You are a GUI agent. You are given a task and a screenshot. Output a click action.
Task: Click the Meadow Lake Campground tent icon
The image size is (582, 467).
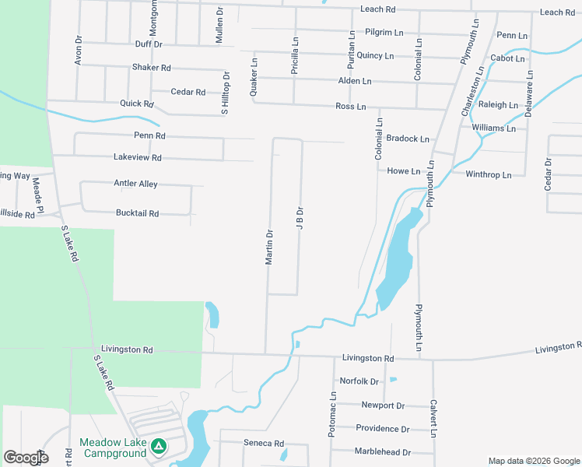pos(159,447)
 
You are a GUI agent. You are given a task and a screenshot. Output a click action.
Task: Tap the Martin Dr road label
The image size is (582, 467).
pos(269,247)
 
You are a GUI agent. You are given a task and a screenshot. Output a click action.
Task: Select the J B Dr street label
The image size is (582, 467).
pos(299,218)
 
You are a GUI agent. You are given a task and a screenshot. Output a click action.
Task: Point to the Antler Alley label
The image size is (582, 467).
pos(136,184)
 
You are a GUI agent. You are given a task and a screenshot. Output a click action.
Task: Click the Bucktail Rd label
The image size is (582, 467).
pos(137,212)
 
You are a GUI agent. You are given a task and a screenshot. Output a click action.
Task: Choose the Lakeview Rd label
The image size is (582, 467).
pos(137,157)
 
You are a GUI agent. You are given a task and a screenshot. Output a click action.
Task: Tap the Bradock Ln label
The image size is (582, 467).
pos(408,139)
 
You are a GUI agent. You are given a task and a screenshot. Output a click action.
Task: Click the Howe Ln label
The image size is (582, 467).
pos(403,171)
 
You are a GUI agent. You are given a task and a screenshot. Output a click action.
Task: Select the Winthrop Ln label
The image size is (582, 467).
pos(488,175)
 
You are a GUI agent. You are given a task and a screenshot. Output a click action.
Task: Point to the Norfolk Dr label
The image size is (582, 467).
pos(359,381)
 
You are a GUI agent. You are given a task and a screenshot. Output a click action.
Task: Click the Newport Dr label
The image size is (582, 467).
pos(383,406)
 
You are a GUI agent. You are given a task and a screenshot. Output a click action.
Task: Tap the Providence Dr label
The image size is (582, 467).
pos(382,429)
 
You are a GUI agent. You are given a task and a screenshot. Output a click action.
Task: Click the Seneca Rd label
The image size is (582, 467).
pos(263,443)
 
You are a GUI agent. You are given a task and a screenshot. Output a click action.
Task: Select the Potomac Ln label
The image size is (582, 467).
pos(332,414)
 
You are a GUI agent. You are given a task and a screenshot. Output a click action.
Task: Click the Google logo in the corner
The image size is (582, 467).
pos(26,457)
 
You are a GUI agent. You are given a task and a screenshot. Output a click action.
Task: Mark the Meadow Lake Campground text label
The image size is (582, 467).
pos(114,448)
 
